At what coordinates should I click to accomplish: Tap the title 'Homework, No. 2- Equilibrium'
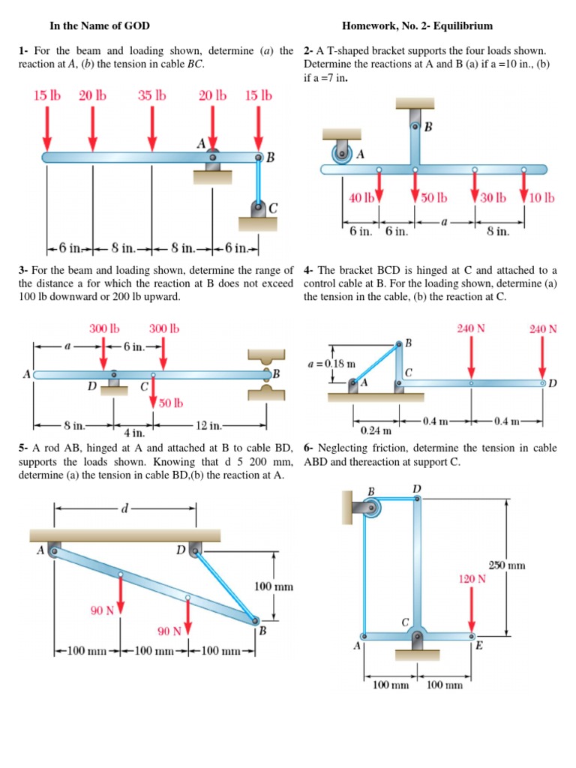(x=417, y=26)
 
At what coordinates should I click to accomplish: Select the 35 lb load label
(x=152, y=96)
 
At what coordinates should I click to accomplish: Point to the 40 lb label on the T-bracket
(x=361, y=199)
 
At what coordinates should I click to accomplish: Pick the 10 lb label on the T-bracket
(x=541, y=199)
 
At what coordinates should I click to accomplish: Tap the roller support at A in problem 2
(x=343, y=154)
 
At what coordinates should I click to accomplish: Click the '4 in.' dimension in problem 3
(x=134, y=433)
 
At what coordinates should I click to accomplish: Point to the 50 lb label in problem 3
(x=171, y=403)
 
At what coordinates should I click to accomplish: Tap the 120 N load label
(x=472, y=579)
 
